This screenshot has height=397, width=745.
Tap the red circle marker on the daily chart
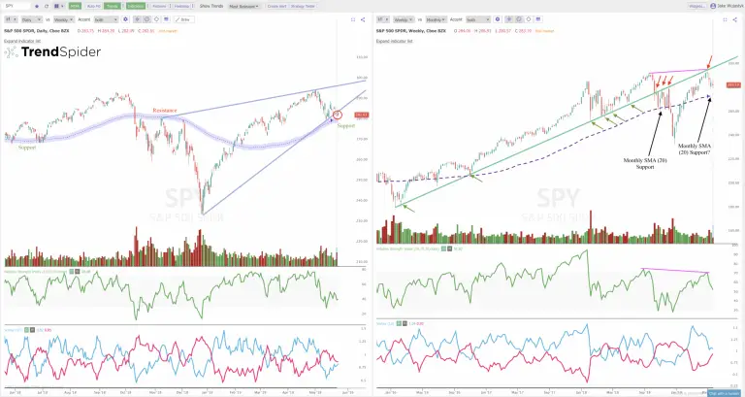pyautogui.click(x=337, y=116)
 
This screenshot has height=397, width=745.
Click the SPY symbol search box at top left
pyautogui.click(x=16, y=6)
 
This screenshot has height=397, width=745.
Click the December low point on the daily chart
pyautogui.click(x=203, y=213)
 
